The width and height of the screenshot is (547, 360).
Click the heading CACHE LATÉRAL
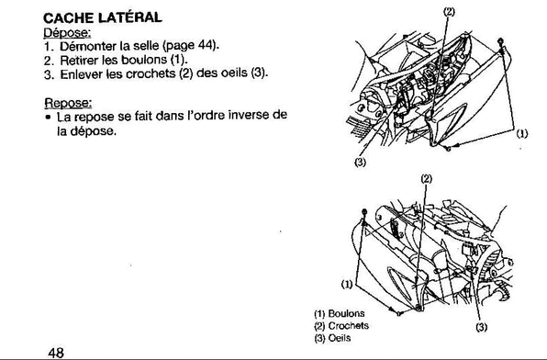point(103,17)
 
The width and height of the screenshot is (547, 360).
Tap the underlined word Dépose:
point(67,33)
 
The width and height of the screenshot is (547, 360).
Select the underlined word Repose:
point(68,103)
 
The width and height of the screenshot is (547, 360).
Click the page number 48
point(56,353)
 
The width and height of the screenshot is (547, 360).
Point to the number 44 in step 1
point(206,45)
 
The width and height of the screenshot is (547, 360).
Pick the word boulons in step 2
point(144,60)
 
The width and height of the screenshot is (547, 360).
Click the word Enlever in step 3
point(82,74)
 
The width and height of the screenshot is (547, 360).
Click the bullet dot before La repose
point(48,118)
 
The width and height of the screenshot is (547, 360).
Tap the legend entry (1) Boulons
point(340,313)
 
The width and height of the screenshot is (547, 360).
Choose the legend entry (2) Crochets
point(341,325)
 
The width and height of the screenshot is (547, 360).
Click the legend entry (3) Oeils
point(332,338)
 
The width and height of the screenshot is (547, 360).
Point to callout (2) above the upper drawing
point(449,12)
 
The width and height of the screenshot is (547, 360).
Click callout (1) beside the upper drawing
point(522,133)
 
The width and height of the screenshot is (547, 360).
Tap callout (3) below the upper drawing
point(360,162)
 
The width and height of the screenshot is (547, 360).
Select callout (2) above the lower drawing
point(426,179)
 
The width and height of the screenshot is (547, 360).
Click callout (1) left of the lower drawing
point(347,285)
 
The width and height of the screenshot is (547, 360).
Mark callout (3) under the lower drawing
point(482,327)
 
